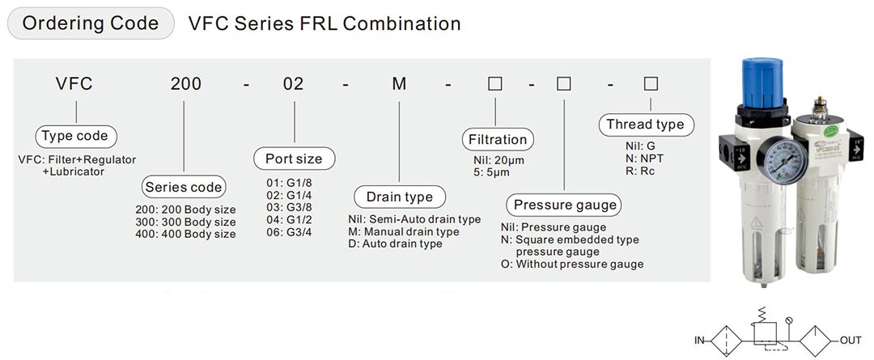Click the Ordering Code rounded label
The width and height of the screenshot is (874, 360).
coord(91,23)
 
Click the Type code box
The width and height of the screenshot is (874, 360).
coord(74,136)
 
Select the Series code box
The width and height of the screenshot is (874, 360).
coord(183,188)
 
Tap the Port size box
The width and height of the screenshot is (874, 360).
coord(294,159)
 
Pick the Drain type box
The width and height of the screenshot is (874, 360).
coord(399,197)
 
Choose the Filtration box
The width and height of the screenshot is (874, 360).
coord(498,139)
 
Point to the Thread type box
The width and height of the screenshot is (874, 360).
coord(645,125)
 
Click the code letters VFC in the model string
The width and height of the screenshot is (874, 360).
coord(74,84)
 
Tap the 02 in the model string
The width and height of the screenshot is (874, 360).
coord(294,84)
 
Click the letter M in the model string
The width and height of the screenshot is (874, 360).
coord(399,84)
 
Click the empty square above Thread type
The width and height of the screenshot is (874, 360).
coord(650,83)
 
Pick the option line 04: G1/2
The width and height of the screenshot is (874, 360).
coord(289,219)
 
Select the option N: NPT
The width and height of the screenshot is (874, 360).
coord(645,159)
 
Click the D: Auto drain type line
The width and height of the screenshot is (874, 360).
coord(395,244)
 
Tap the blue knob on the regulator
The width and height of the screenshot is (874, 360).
coord(762,78)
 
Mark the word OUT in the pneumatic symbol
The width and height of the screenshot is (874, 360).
coord(850,340)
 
